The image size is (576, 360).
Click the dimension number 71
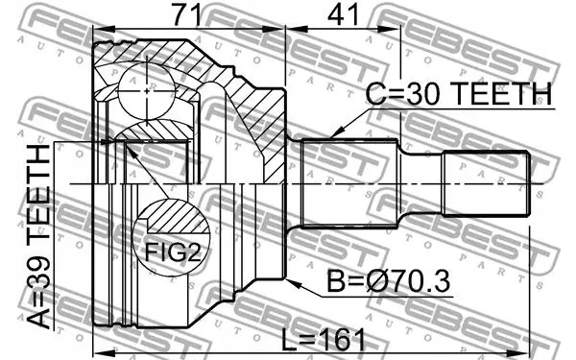(x=187, y=15)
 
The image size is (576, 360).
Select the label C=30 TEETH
(x=459, y=94)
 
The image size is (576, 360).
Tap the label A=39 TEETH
(x=38, y=236)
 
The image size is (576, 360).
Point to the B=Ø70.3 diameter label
(x=388, y=281)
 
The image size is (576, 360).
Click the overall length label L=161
(x=324, y=340)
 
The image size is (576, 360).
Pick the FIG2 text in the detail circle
(x=174, y=252)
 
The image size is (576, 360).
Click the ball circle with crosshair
(x=147, y=91)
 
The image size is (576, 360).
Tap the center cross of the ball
(x=147, y=91)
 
